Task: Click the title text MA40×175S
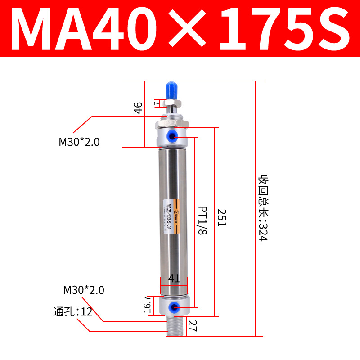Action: [x=180, y=29]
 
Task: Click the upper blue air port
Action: [x=172, y=136]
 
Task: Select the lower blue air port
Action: [x=172, y=307]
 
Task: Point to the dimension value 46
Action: [x=138, y=108]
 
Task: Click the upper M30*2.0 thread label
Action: [x=79, y=142]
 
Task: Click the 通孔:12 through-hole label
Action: [x=72, y=311]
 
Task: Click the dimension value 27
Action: [x=193, y=325]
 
